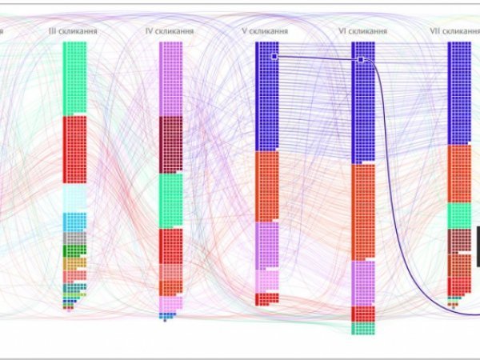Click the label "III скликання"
pyautogui.click(x=74, y=30)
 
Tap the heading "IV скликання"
pyautogui.click(x=170, y=30)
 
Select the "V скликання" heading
pyautogui.click(x=266, y=30)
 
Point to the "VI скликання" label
pyautogui.click(x=363, y=30)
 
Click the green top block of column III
pyautogui.click(x=74, y=78)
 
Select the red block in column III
pyautogui.click(x=74, y=150)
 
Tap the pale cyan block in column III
pyautogui.click(x=74, y=198)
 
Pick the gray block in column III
pyautogui.click(x=74, y=238)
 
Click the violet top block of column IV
pyautogui.click(x=170, y=78)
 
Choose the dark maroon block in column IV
pyautogui.click(x=170, y=144)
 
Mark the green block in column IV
pyautogui.click(x=170, y=200)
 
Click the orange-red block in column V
pyautogui.click(x=266, y=186)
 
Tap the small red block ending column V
pyautogui.click(x=266, y=298)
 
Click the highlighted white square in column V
pyautogui.click(x=274, y=57)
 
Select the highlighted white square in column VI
pyautogui.click(x=361, y=59)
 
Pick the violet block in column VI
pyautogui.click(x=363, y=282)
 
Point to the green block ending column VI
pyautogui.click(x=363, y=328)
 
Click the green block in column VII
pyautogui.click(x=458, y=215)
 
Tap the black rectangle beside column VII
pyautogui.click(x=478, y=246)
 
